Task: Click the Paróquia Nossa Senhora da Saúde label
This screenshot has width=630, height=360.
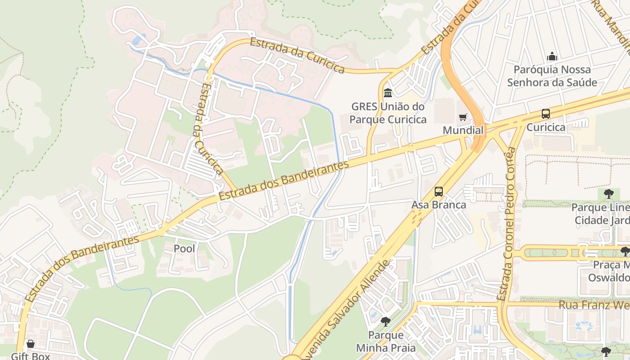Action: (x=552, y=76)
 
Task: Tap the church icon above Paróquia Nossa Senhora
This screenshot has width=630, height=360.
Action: (x=552, y=57)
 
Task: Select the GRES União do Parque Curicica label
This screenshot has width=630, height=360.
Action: (x=388, y=113)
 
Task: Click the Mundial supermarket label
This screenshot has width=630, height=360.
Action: (x=463, y=130)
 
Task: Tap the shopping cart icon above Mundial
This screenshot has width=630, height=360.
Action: (x=463, y=117)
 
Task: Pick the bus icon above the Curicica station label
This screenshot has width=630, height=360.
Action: (x=546, y=114)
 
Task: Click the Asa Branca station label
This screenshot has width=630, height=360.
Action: (x=439, y=205)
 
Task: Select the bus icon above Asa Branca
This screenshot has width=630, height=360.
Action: (x=439, y=192)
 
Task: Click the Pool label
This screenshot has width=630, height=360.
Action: (x=184, y=248)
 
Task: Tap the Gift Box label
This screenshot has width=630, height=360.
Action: (x=31, y=356)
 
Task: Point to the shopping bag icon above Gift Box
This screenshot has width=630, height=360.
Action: (x=31, y=344)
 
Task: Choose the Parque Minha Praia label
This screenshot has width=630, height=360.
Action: (x=386, y=342)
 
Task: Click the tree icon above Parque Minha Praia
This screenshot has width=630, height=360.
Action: (x=385, y=322)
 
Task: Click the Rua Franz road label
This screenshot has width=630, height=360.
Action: (x=594, y=305)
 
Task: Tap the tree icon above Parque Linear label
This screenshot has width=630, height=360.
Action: (x=608, y=194)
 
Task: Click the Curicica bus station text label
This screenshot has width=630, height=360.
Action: (x=546, y=127)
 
